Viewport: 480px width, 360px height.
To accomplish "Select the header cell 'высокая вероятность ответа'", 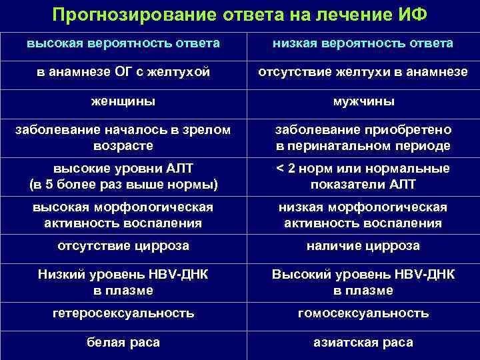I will click(123, 43).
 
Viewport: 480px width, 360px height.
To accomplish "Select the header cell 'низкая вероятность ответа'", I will click(363, 43).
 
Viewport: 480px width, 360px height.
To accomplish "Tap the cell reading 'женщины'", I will click(123, 102).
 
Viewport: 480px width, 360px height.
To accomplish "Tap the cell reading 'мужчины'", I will click(363, 102).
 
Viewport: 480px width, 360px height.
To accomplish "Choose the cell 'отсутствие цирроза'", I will click(123, 246).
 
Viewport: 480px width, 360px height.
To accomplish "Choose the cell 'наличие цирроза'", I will click(363, 246).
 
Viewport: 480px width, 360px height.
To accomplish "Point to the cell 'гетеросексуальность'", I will click(123, 313).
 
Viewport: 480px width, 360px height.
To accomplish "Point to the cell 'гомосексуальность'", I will click(363, 313).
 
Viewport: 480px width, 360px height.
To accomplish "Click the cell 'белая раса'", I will click(123, 343).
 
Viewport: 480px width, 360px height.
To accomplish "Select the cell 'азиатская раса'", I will click(363, 343).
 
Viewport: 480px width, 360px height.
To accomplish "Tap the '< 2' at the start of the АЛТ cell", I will click(287, 169).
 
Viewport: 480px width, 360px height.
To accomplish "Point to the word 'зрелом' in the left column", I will click(207, 130).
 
